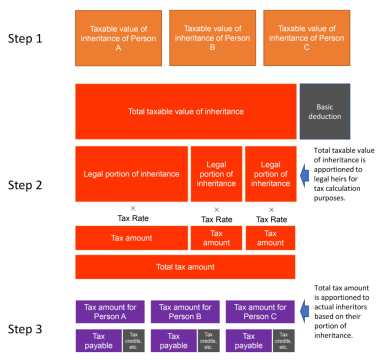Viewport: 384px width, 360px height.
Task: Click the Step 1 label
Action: pos(25,38)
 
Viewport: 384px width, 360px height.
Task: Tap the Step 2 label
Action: pos(25,185)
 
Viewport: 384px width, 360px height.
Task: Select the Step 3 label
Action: pos(25,329)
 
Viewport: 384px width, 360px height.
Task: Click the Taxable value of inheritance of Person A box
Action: pos(118,38)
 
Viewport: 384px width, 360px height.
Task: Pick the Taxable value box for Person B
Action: pos(212,37)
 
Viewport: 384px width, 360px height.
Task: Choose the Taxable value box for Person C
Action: pos(306,37)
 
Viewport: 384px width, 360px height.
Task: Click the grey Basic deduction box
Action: pos(324,111)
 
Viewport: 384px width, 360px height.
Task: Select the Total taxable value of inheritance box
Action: pos(185,111)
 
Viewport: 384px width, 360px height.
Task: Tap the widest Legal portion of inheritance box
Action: pos(131,174)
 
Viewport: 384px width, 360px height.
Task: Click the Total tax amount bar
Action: pos(185,267)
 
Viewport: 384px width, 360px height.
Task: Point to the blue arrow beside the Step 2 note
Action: pos(304,174)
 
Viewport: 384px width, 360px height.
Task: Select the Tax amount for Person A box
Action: pos(109,311)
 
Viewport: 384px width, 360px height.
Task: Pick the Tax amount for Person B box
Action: pos(185,311)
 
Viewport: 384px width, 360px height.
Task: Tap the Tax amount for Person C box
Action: pos(260,311)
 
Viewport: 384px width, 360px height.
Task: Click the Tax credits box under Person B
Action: pos(208,340)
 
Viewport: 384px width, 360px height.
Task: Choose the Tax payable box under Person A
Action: pos(98,340)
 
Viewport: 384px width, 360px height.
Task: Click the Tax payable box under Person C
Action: pos(248,340)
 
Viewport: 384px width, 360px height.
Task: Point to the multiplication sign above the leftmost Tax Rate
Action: pos(133,208)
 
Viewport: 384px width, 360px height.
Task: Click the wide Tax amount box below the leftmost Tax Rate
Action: pos(131,238)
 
